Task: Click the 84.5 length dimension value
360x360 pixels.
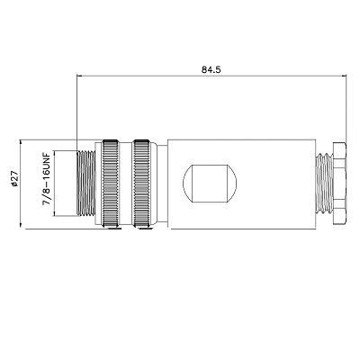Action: [211, 69]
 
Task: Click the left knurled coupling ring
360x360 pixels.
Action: [111, 184]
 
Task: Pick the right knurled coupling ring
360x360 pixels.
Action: [141, 184]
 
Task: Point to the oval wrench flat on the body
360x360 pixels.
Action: [210, 184]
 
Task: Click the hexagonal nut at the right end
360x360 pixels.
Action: [338, 184]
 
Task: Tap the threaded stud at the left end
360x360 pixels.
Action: [86, 184]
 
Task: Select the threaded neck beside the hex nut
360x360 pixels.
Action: [324, 184]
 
